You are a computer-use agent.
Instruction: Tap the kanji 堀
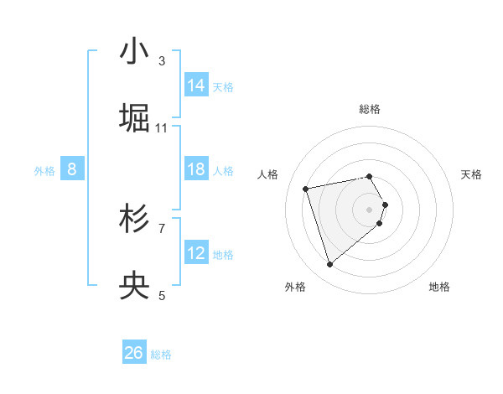pos(134,117)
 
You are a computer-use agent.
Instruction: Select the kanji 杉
pos(134,220)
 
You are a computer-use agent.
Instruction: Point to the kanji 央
pos(134,287)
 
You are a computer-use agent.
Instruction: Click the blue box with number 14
pos(196,86)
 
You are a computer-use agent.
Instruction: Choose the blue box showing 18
pos(196,169)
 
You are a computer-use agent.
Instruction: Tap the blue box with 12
pos(196,253)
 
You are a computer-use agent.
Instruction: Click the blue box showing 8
pos(72,169)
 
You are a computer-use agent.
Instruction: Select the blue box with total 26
pos(133,353)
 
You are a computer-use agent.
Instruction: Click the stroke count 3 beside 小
pos(162,60)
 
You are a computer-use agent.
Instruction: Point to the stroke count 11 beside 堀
pos(162,127)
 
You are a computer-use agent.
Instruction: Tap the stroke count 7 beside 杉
pos(162,228)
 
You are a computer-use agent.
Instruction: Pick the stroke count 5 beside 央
pos(162,295)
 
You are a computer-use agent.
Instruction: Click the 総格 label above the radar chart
pos(370,109)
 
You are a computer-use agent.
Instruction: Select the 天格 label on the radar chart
pos(471,174)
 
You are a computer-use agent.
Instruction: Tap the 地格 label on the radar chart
pos(439,287)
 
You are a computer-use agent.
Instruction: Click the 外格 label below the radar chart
pos(296,287)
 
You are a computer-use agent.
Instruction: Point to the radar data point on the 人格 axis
pos(306,188)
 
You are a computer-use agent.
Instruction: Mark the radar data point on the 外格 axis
pos(330,265)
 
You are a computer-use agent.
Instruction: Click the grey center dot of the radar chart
pos(370,209)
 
